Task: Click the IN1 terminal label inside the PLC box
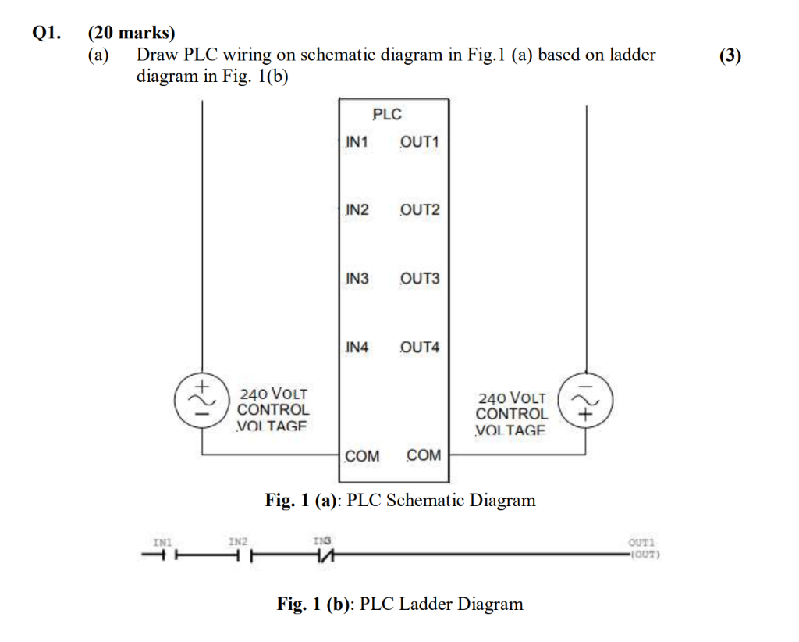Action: pos(357,142)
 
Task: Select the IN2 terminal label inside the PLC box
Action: pos(357,210)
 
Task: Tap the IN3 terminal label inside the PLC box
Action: pos(357,279)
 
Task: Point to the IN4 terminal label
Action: pos(357,347)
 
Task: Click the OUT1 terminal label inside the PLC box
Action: pos(420,142)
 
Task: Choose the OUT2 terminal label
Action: pos(420,210)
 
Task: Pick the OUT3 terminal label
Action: pos(420,279)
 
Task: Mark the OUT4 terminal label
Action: pos(420,347)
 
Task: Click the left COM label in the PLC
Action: pos(362,455)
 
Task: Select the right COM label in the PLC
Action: pos(424,455)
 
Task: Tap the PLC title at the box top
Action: pos(387,115)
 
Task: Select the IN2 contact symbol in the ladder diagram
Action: pos(240,556)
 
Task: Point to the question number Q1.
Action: pos(46,34)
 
